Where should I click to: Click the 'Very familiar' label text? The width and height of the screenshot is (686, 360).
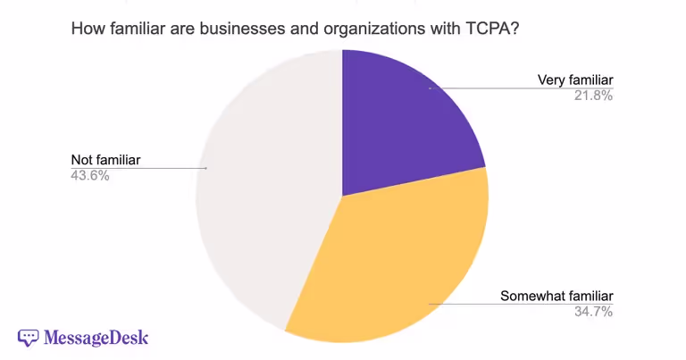tap(574, 80)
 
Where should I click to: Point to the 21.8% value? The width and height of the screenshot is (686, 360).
tap(593, 96)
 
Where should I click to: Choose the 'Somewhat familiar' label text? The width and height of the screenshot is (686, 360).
tap(556, 296)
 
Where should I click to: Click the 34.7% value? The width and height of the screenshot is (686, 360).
tap(593, 311)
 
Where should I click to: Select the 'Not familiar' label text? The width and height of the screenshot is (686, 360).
tap(106, 160)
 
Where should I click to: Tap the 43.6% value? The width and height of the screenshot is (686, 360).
tap(90, 176)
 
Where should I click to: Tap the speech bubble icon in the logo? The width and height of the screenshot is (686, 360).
tap(29, 338)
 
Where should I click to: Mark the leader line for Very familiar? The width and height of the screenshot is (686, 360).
tap(500, 88)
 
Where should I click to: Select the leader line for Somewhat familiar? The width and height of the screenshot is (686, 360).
tap(482, 304)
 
